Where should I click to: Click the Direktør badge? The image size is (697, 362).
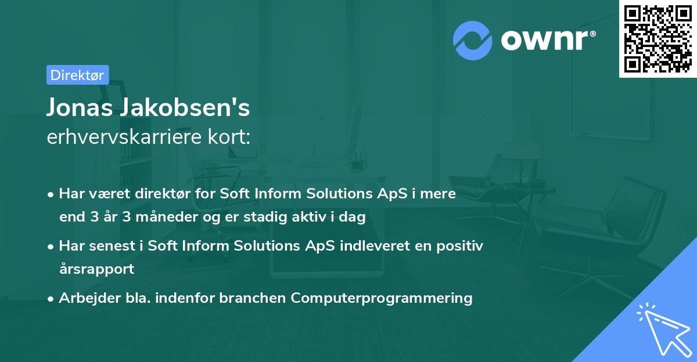pos(77,75)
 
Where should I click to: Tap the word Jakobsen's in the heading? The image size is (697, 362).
pos(183,107)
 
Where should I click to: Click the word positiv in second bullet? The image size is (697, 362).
pos(458,246)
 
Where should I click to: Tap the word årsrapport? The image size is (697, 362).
pos(96,269)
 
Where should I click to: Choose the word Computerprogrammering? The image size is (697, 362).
pos(382,298)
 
